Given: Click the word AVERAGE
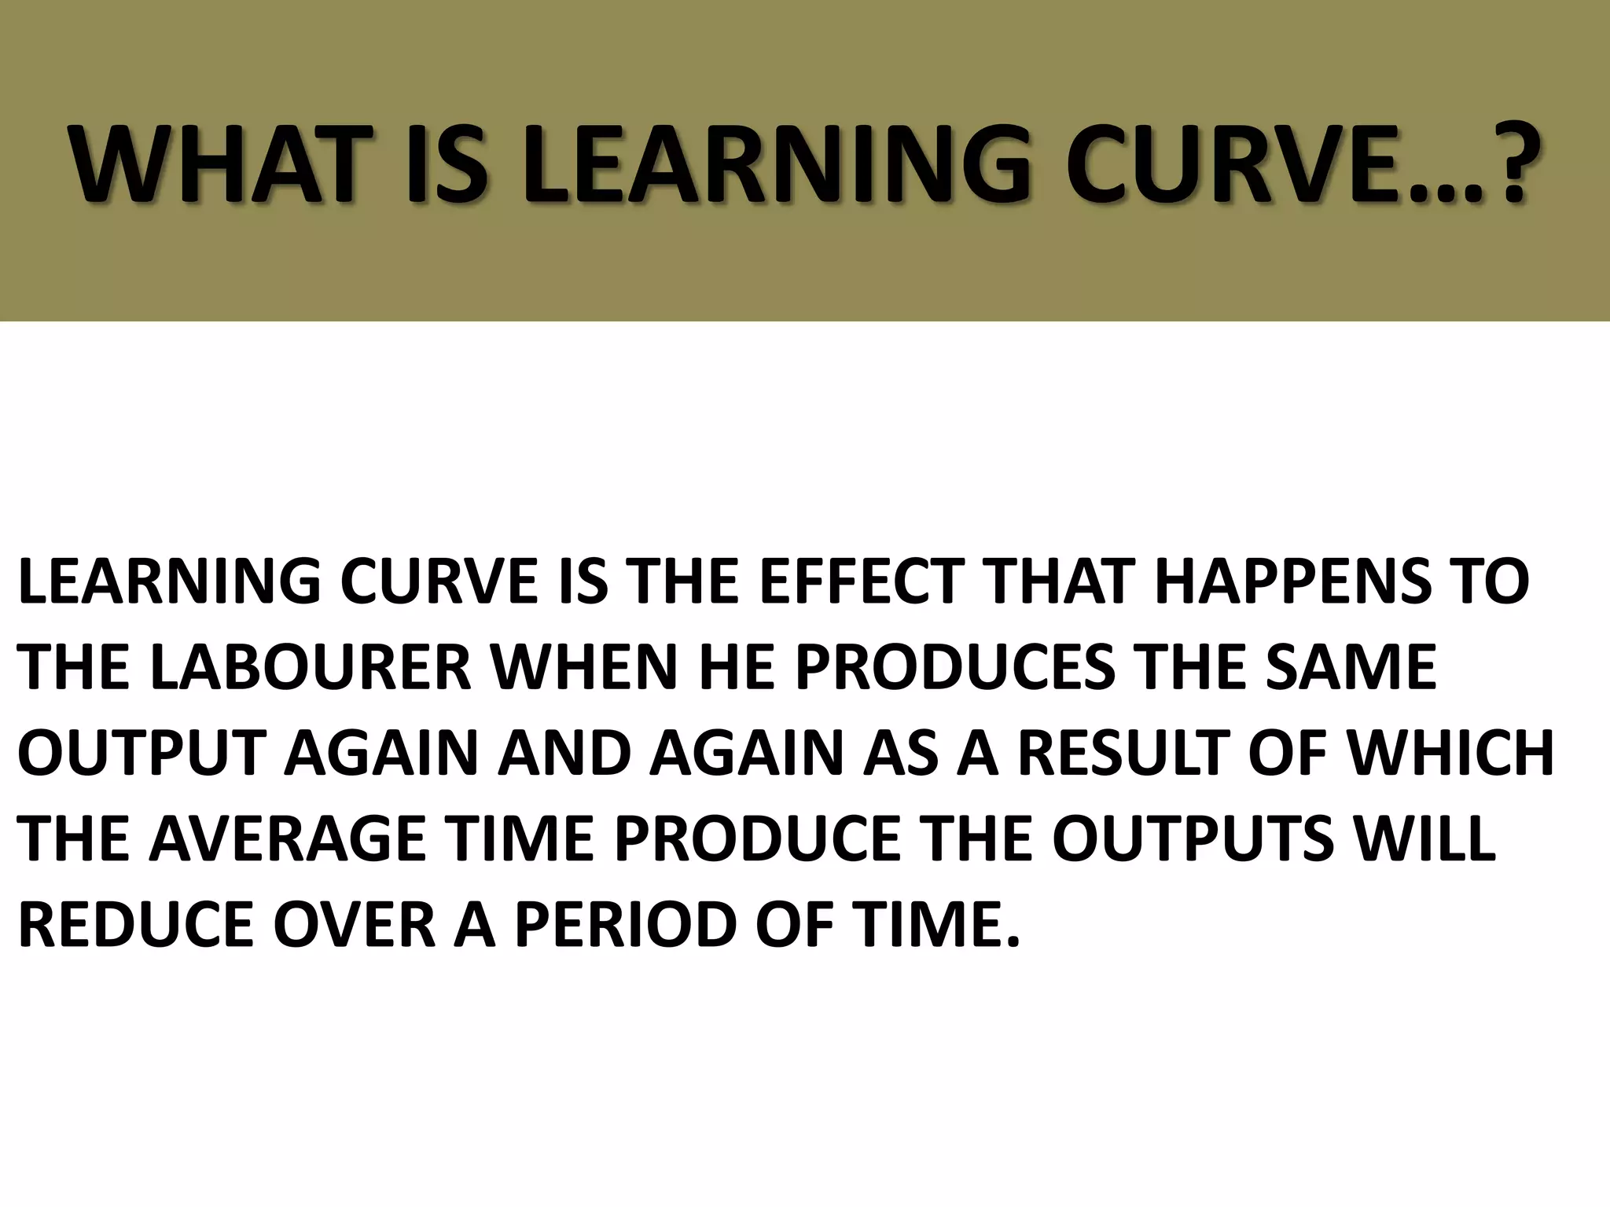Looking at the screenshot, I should [x=288, y=838].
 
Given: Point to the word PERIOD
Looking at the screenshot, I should [x=626, y=924].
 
